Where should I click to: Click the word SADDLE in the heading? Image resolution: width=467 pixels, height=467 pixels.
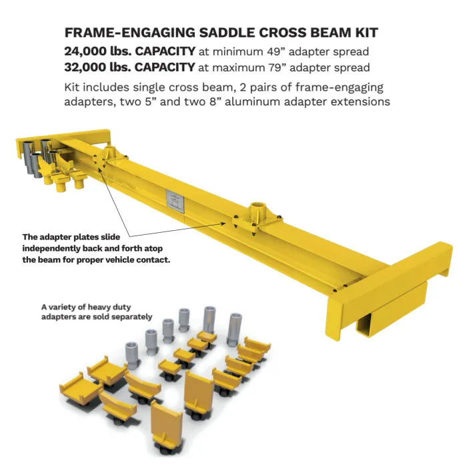pyautogui.click(x=227, y=33)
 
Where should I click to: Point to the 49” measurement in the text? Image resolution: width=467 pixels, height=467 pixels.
pyautogui.click(x=276, y=51)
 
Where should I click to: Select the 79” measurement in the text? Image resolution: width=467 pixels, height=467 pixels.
pyautogui.click(x=278, y=67)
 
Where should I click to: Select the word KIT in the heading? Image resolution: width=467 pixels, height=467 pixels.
pyautogui.click(x=366, y=33)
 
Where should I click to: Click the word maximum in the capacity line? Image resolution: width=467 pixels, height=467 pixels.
pyautogui.click(x=239, y=67)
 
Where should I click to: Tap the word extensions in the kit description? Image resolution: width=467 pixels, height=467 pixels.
pyautogui.click(x=361, y=101)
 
